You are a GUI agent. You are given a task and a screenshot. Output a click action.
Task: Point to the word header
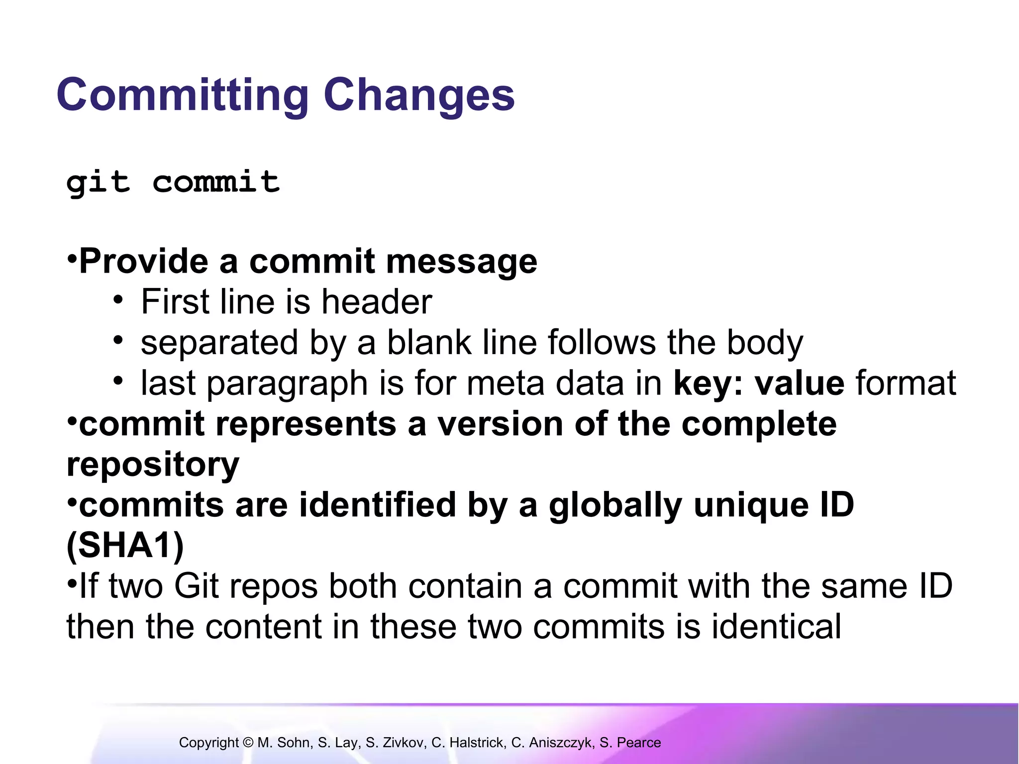[377, 302]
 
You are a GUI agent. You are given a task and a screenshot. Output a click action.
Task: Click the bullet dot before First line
[118, 300]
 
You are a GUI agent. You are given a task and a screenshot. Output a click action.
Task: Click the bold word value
[800, 383]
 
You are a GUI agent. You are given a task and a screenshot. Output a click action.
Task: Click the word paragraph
[288, 383]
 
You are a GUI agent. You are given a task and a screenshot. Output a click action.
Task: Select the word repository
[153, 465]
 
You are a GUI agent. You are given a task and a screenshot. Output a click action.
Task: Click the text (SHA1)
[125, 546]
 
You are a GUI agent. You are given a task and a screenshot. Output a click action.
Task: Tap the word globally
[615, 505]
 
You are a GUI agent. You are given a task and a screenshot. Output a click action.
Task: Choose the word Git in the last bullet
[197, 586]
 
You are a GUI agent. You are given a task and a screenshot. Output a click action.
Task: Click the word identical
[776, 626]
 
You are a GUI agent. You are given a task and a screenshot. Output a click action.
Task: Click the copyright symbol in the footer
[248, 743]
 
